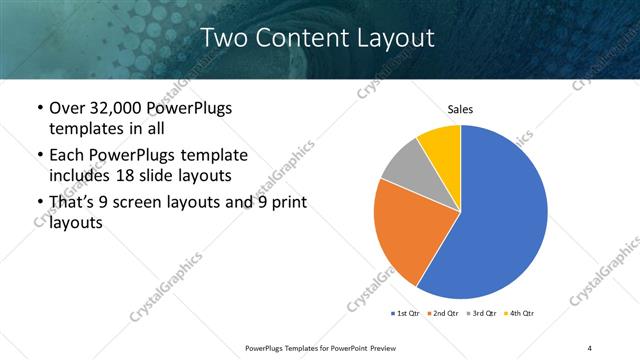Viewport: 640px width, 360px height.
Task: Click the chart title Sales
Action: click(x=460, y=110)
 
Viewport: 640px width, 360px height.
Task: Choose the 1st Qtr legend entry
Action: click(x=408, y=313)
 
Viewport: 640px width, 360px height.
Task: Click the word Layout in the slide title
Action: click(x=394, y=38)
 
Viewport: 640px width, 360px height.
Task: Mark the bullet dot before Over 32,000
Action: click(x=39, y=109)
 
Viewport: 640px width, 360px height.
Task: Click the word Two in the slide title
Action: click(x=223, y=38)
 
